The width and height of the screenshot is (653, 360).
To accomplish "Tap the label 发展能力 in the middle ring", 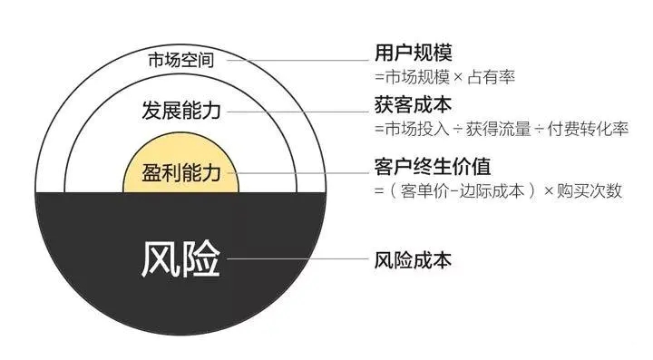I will point(182,112).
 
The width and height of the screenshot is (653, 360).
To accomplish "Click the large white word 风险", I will point(181,260).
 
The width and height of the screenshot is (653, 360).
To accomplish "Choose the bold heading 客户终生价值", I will point(424,168).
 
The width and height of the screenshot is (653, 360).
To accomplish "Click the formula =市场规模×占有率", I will point(444,75).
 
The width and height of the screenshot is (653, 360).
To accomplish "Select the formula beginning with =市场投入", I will point(500,130).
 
